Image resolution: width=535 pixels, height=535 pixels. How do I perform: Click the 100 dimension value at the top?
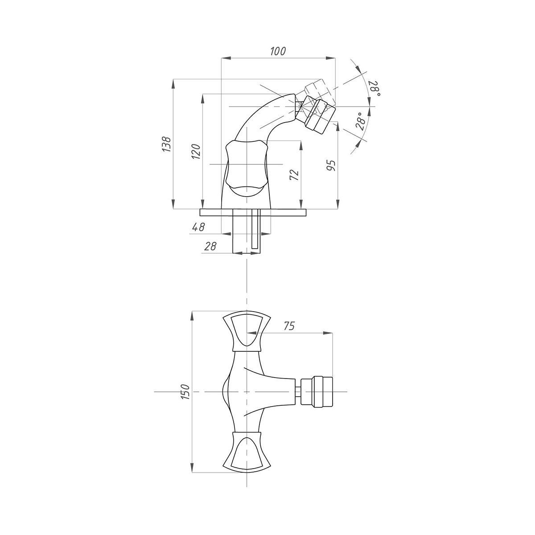pyautogui.click(x=278, y=51)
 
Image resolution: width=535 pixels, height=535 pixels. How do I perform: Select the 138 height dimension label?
pyautogui.click(x=166, y=144)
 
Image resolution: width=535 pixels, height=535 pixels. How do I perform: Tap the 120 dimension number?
pyautogui.click(x=196, y=151)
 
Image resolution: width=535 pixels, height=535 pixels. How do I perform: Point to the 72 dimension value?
pyautogui.click(x=294, y=175)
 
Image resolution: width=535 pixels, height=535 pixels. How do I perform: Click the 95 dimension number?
pyautogui.click(x=332, y=166)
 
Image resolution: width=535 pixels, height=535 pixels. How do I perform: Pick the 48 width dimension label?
pyautogui.click(x=198, y=227)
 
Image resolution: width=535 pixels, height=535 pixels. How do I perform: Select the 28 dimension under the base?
pyautogui.click(x=210, y=246)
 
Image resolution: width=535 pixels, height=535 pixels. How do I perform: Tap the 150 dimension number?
pyautogui.click(x=185, y=392)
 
